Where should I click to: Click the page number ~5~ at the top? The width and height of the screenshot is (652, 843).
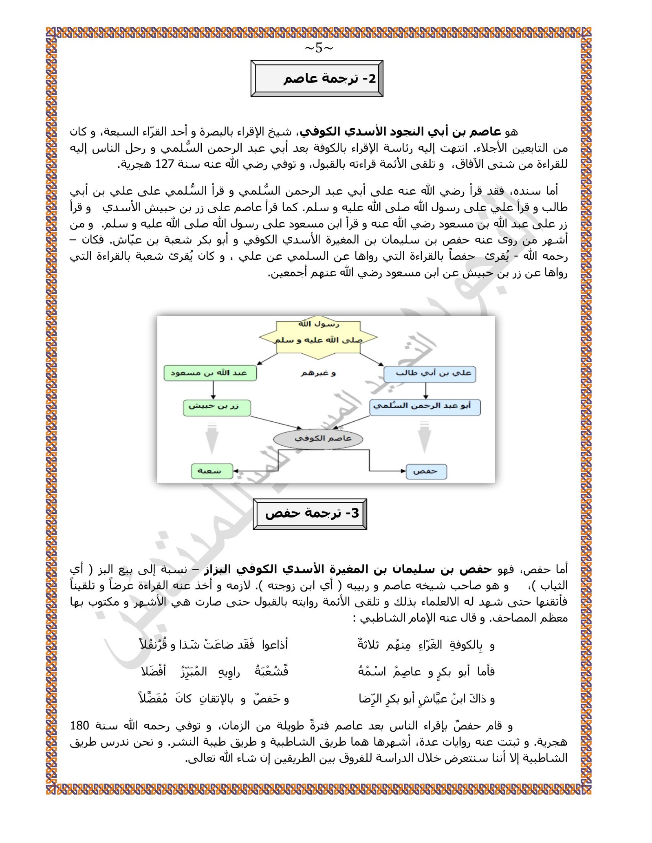click(x=319, y=48)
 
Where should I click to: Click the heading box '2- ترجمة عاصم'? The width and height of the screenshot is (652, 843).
click(x=317, y=79)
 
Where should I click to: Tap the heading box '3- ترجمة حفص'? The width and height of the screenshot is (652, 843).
click(x=310, y=514)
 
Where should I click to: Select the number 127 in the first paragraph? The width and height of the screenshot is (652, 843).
click(x=165, y=164)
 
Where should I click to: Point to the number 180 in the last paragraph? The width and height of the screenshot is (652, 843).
click(x=79, y=725)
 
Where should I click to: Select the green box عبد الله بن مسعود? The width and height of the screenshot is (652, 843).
click(x=210, y=373)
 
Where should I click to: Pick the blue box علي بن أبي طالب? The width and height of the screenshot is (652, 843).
click(x=430, y=374)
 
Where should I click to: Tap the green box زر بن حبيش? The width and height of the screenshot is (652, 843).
click(x=216, y=407)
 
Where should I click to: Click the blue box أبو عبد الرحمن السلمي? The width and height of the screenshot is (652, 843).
click(x=425, y=407)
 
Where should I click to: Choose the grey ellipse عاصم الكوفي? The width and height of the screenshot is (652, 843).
click(x=318, y=439)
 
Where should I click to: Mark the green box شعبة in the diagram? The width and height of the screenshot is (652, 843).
click(x=212, y=471)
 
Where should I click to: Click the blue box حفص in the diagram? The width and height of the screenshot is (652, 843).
click(x=426, y=471)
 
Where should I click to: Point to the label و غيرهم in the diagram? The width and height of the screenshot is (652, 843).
click(x=318, y=373)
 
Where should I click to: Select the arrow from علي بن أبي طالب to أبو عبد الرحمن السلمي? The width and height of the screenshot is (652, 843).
click(x=425, y=390)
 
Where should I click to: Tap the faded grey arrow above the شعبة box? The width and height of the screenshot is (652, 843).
click(x=212, y=439)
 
